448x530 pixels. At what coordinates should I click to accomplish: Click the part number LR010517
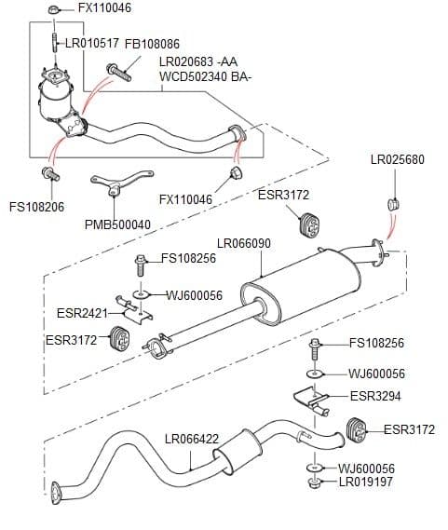click(91, 43)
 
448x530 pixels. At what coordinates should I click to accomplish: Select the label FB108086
click(152, 44)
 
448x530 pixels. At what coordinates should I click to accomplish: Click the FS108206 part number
click(36, 207)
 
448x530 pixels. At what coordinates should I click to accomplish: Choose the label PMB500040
click(117, 224)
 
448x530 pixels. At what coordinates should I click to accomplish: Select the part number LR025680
click(397, 159)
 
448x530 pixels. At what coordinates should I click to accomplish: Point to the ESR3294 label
click(375, 396)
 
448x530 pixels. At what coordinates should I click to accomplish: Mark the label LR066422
click(191, 439)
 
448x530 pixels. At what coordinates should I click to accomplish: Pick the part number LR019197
click(368, 482)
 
